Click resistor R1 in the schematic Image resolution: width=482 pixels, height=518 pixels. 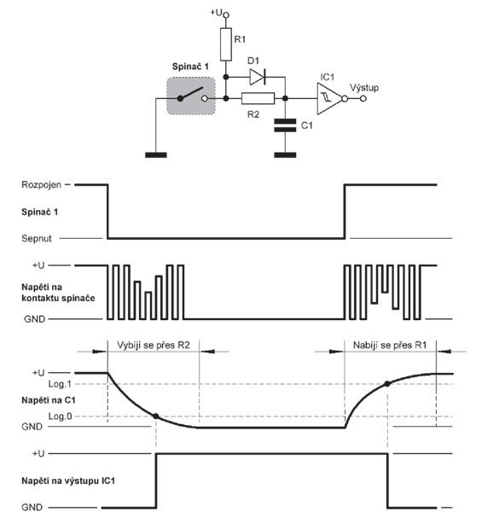(x=226, y=44)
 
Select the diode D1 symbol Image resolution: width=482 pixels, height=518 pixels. (x=257, y=77)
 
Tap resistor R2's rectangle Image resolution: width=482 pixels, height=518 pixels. (x=258, y=98)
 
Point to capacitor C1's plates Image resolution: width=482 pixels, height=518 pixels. (x=285, y=125)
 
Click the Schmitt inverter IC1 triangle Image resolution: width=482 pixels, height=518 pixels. (x=328, y=98)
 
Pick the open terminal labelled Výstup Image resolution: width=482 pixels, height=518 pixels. (x=363, y=98)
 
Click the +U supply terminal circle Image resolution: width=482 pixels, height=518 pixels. (x=226, y=15)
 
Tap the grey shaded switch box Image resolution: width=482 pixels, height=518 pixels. (x=191, y=96)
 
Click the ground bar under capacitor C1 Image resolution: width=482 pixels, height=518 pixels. (x=285, y=155)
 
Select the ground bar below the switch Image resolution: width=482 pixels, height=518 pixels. (x=156, y=155)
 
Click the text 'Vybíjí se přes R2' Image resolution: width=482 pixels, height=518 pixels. (x=154, y=346)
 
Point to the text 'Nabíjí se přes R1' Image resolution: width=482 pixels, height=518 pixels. (x=390, y=346)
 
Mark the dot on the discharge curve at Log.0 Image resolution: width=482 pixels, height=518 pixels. (x=156, y=416)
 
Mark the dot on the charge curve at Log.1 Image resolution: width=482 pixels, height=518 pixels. (x=387, y=384)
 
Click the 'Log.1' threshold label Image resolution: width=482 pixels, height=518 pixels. (x=60, y=384)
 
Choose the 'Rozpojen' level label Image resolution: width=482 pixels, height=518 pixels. (x=41, y=184)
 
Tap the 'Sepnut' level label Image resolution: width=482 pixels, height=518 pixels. (x=37, y=238)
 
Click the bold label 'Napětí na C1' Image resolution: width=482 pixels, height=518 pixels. (x=49, y=400)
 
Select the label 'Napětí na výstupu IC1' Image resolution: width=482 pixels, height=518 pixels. (x=68, y=480)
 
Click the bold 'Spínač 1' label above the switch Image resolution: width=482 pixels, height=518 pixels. (x=190, y=67)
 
